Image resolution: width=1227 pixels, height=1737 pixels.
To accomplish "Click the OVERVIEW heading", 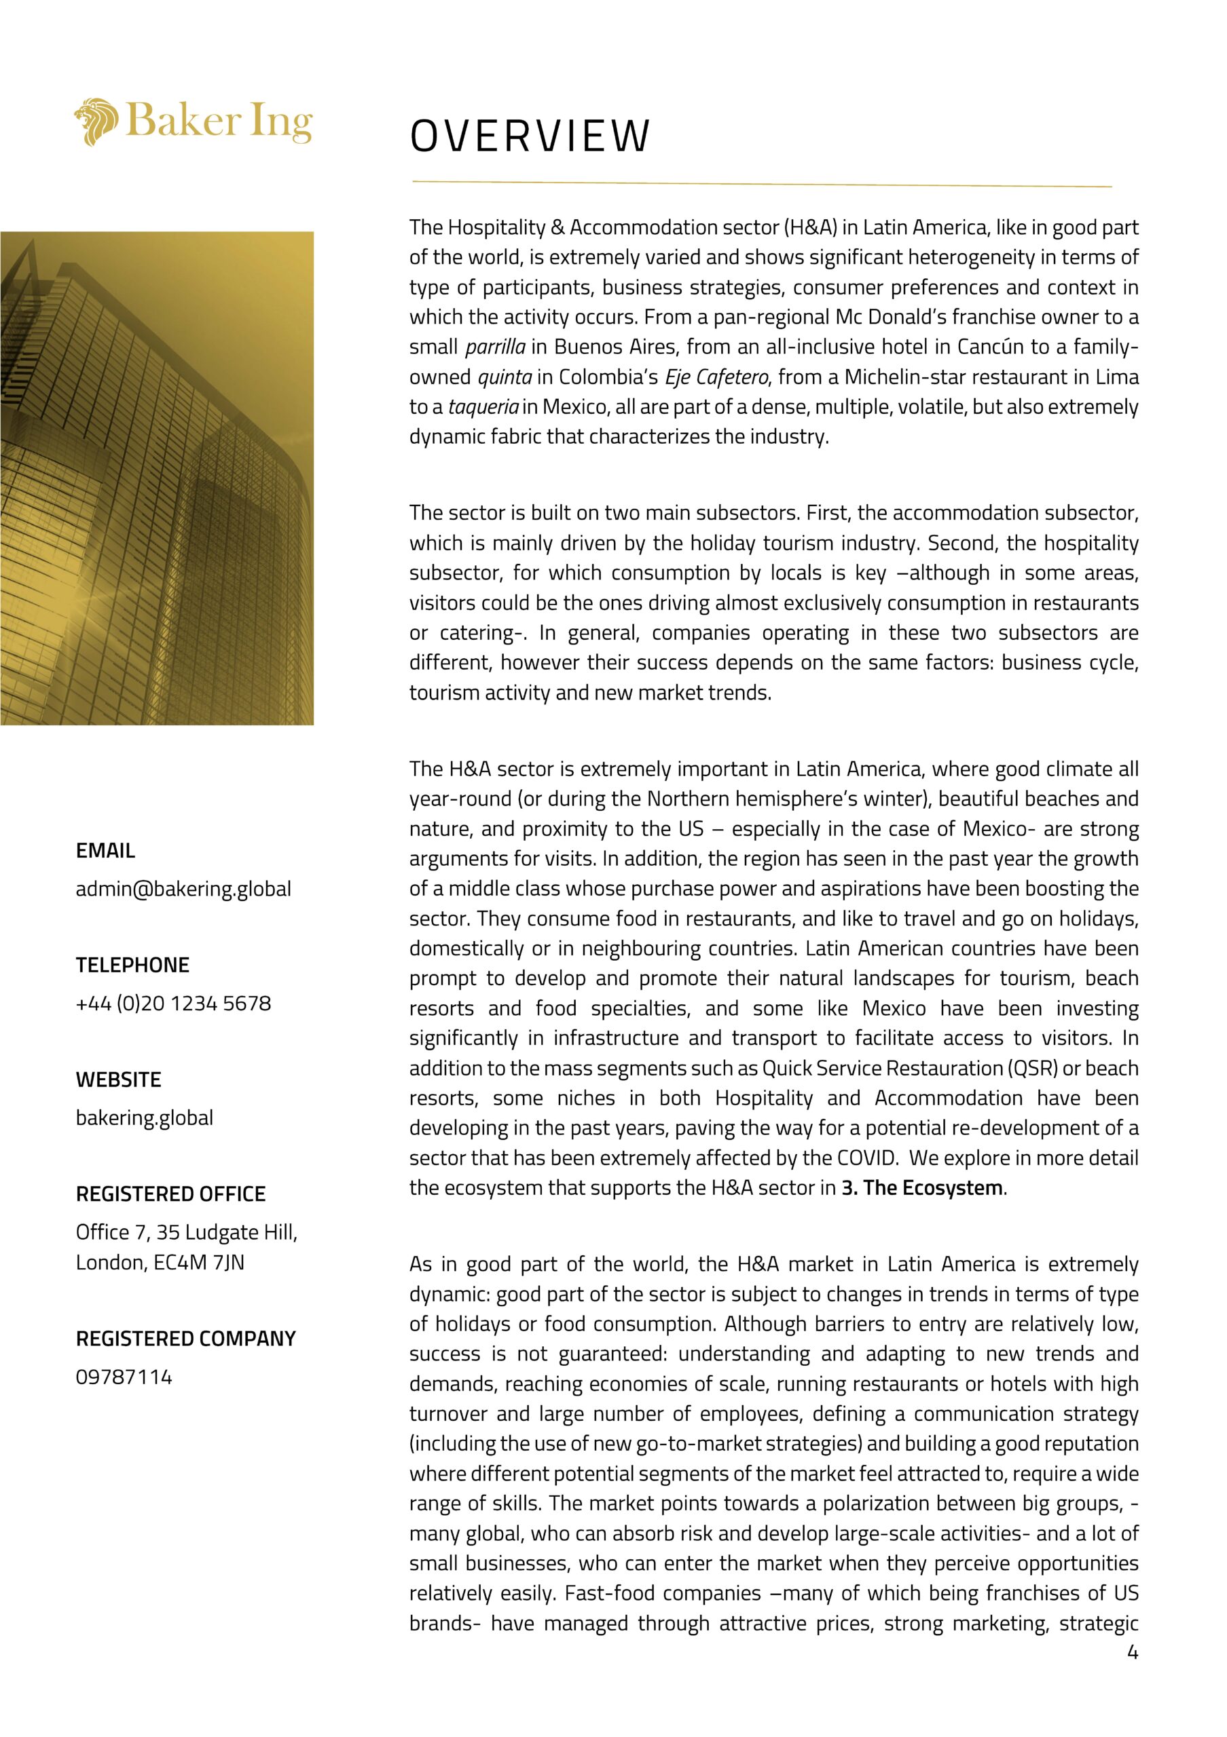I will point(529,136).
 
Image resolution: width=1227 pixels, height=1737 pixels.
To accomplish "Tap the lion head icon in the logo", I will point(96,121).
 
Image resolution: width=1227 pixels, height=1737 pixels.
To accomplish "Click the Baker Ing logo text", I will point(219,121).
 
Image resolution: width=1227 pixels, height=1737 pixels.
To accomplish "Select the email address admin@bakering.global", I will point(183,888).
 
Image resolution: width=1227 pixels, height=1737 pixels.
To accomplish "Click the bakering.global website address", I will point(145,1118).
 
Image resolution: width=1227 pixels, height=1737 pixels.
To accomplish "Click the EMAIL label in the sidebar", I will point(105,850).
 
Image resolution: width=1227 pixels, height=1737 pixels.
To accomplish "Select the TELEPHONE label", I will point(132,965).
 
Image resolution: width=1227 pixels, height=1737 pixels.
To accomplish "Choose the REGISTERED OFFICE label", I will point(170,1194).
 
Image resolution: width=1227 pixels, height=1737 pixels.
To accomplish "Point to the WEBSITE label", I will point(118,1080).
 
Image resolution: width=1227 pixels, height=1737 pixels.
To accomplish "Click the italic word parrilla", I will point(495,347).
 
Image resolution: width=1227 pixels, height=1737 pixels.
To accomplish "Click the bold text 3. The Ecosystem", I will point(921,1188).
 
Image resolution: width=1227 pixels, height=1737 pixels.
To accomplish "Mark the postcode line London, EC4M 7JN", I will point(160,1262).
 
